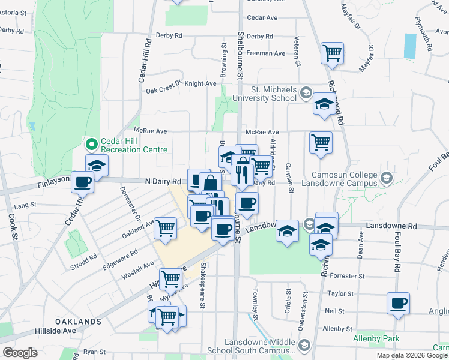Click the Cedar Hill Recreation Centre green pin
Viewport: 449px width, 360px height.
[x=91, y=144]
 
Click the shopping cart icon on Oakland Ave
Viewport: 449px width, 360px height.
[x=165, y=227]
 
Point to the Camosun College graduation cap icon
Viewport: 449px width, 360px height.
[x=386, y=178]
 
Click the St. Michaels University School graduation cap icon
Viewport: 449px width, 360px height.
[x=306, y=93]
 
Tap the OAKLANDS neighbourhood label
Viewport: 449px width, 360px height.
[x=79, y=322]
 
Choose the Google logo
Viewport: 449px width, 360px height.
[x=20, y=353]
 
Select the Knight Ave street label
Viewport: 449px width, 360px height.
[x=200, y=84]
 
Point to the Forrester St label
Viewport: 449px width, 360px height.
[x=346, y=276]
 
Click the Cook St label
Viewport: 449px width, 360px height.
[x=13, y=225]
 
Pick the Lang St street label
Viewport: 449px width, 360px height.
[x=26, y=205]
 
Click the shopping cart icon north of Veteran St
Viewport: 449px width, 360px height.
[x=331, y=53]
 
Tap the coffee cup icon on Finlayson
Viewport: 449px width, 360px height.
[x=82, y=182]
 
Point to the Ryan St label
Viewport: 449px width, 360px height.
[x=94, y=352]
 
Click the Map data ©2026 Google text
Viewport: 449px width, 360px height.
[x=412, y=355]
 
